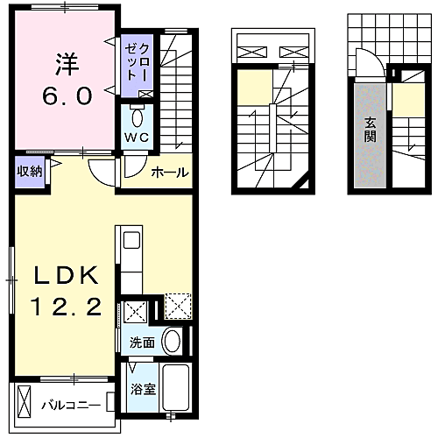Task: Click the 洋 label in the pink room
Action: [x=67, y=65]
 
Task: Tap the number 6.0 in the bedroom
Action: [x=67, y=95]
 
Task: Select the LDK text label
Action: [x=67, y=275]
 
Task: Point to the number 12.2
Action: [x=67, y=307]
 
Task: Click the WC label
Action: [x=137, y=138]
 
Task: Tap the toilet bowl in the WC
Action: [x=137, y=117]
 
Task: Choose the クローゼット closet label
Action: [x=137, y=62]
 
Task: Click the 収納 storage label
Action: [x=30, y=171]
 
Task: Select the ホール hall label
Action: [x=170, y=173]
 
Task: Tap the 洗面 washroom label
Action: [x=142, y=343]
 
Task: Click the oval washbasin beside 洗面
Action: [x=173, y=341]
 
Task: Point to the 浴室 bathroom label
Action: [x=143, y=389]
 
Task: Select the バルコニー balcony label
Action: [x=71, y=406]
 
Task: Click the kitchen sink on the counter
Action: [x=131, y=240]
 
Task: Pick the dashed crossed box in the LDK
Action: [x=178, y=307]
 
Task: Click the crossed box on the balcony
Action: [x=24, y=403]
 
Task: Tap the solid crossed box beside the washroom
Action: [x=135, y=312]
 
